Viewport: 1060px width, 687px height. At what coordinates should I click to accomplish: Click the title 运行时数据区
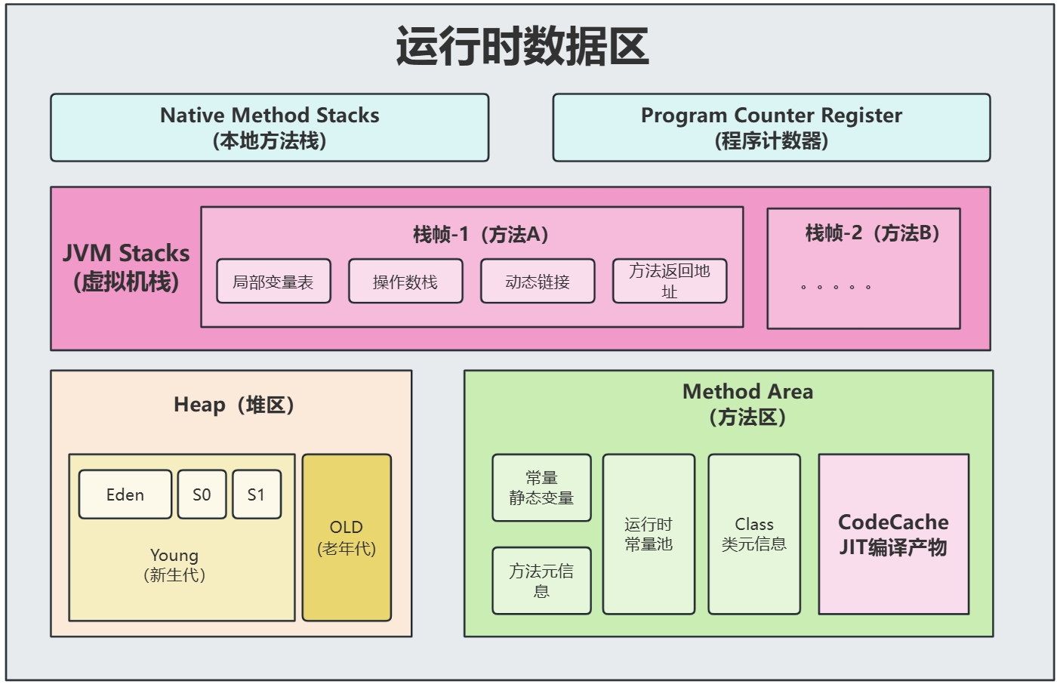(522, 47)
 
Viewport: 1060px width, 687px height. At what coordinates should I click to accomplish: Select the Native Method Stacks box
(270, 128)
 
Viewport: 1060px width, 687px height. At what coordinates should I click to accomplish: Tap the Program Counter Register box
(771, 128)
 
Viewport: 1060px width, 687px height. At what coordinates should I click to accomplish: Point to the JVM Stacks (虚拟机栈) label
(126, 267)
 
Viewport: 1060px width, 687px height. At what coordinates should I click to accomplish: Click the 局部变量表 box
(273, 282)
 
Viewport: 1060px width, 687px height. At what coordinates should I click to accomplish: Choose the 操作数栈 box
(405, 282)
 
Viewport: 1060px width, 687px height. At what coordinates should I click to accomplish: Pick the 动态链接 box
(538, 282)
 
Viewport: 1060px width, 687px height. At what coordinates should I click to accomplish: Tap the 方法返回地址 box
(670, 281)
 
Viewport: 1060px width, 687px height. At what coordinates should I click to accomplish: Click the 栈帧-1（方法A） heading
(480, 234)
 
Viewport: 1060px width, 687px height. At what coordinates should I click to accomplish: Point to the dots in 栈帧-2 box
(836, 287)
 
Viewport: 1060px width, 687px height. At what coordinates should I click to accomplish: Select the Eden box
(125, 494)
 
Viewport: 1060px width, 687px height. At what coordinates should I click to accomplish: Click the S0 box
(202, 494)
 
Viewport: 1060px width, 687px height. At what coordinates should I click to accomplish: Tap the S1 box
(257, 494)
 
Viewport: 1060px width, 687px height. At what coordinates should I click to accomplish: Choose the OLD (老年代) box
(347, 538)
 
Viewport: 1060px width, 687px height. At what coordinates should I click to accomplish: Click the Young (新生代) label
(174, 565)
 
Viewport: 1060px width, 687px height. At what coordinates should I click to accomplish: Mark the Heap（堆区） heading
(233, 405)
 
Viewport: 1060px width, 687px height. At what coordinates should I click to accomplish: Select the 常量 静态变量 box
(541, 488)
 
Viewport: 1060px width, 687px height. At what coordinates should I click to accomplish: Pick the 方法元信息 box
(541, 581)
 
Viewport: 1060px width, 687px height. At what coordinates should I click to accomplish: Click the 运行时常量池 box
(649, 534)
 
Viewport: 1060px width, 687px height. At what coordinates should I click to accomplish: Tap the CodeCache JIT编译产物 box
(893, 534)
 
